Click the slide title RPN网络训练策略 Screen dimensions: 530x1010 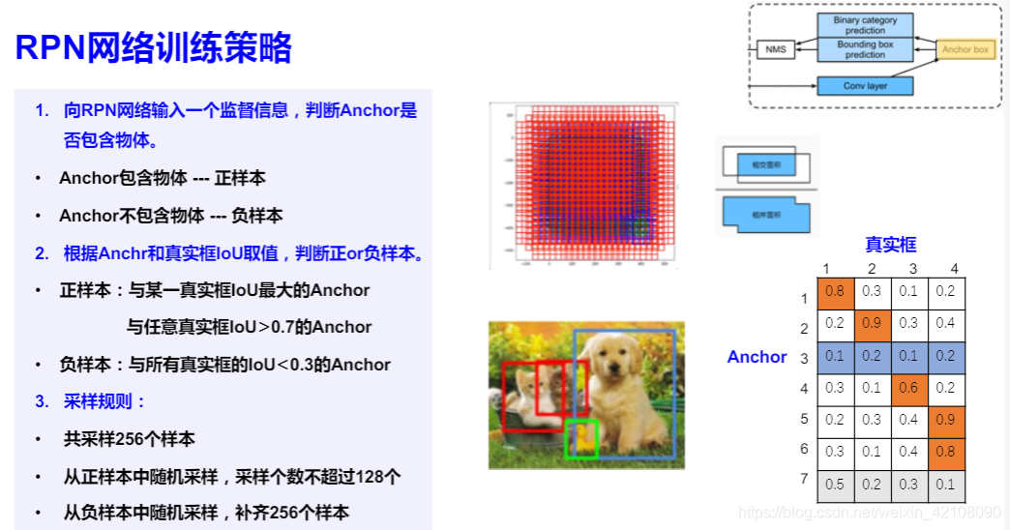pyautogui.click(x=154, y=47)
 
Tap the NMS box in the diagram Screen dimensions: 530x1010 pyautogui.click(x=775, y=48)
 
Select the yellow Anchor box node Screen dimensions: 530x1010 pyautogui.click(x=965, y=48)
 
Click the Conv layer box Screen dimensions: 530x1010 pyautogui.click(x=865, y=86)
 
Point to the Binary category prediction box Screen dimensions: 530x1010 pyautogui.click(x=865, y=25)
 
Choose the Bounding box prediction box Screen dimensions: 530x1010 pyautogui.click(x=865, y=49)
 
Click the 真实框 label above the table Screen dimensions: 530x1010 pyautogui.click(x=890, y=245)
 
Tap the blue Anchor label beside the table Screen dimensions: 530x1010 pyautogui.click(x=757, y=357)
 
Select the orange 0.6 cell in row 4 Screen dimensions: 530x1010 pyautogui.click(x=909, y=388)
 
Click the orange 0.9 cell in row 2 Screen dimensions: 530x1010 pyautogui.click(x=872, y=323)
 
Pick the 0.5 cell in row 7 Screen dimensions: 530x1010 pyautogui.click(x=835, y=485)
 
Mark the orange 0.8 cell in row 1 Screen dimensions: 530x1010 pyautogui.click(x=835, y=291)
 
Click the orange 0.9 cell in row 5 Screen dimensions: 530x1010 pyautogui.click(x=946, y=420)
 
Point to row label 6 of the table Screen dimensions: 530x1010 pyautogui.click(x=803, y=450)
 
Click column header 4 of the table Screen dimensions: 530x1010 pyautogui.click(x=954, y=269)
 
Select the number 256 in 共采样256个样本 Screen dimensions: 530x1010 pyautogui.click(x=129, y=439)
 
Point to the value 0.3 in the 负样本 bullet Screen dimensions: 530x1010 pyautogui.click(x=290, y=365)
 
